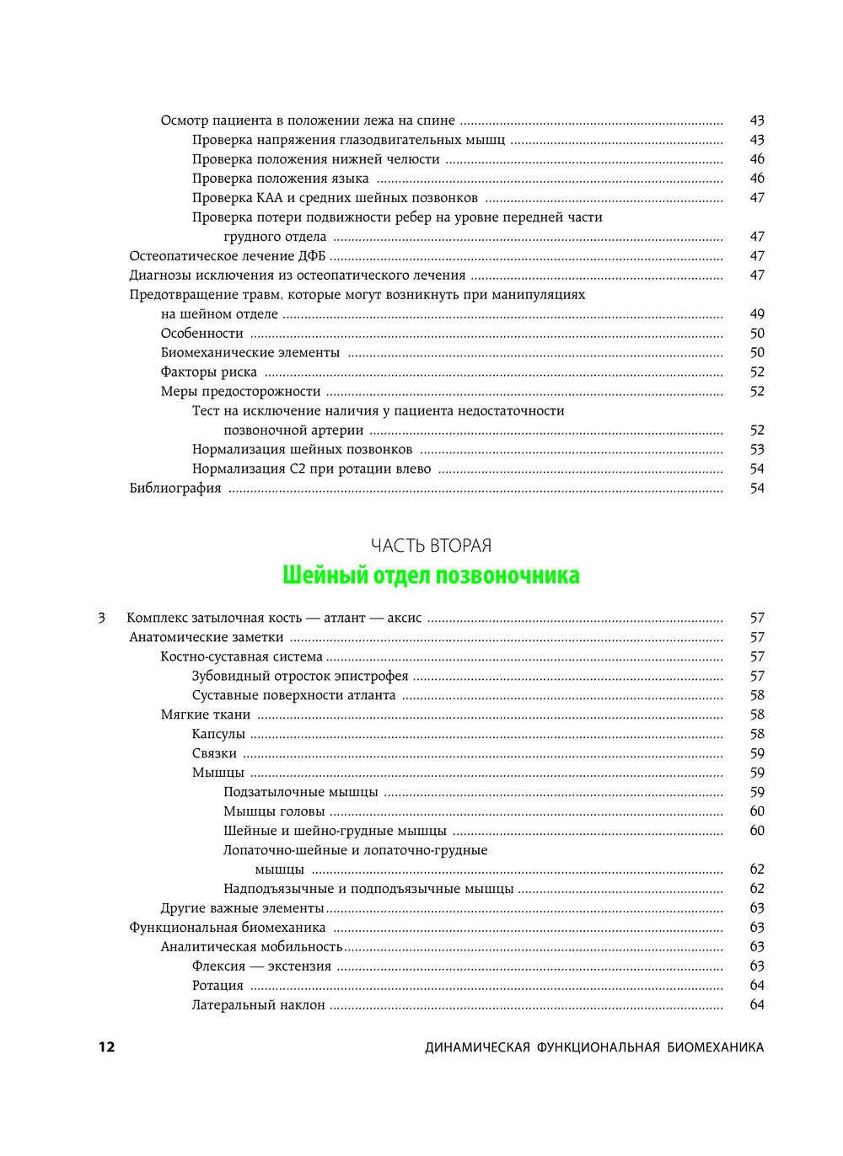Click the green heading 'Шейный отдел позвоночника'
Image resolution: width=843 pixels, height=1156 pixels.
431,575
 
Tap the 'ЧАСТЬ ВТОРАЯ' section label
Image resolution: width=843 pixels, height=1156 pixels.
431,546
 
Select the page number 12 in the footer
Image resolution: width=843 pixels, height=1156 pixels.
106,1047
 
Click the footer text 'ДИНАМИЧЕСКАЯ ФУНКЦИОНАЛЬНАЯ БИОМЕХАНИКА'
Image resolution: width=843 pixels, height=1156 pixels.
594,1047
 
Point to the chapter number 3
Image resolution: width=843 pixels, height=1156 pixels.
101,618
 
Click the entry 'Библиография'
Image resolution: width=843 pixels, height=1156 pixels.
175,489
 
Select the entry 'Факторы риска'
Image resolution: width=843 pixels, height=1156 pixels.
209,372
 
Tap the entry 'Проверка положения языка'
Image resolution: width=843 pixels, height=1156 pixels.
281,179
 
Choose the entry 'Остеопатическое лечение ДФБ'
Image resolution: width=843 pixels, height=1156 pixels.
227,256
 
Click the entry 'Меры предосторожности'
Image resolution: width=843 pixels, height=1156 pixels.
241,392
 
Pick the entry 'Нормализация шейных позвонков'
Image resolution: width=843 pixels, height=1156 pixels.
303,450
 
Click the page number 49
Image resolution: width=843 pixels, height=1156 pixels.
757,314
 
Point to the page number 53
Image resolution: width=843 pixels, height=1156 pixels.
757,450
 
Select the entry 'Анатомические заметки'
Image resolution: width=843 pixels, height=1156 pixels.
207,638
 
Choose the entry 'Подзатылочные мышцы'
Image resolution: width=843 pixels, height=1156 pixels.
301,793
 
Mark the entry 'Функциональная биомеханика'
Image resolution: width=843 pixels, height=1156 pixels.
228,928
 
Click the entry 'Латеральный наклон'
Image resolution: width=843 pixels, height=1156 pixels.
259,1005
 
